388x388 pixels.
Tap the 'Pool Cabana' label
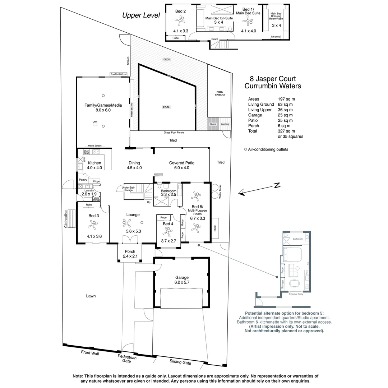click(x=220, y=93)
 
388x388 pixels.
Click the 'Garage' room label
click(x=182, y=277)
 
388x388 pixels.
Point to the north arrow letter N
click(x=277, y=185)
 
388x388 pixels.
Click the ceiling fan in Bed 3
click(x=93, y=225)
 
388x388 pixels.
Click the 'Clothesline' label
click(x=66, y=219)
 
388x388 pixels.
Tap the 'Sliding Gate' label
click(x=180, y=362)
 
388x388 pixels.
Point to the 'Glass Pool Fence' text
click(x=174, y=133)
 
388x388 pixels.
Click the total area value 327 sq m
click(x=286, y=131)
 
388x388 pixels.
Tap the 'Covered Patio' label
click(x=181, y=163)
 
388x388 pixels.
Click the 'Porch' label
click(x=130, y=251)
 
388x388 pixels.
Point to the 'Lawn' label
click(x=91, y=296)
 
